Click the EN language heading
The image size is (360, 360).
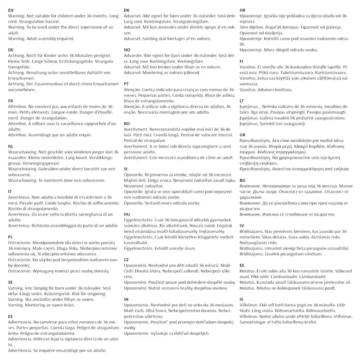pos(11,11)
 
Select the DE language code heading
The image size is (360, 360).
pos(11,50)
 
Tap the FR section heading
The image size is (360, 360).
pos(11,101)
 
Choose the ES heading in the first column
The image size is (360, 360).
pos(10,316)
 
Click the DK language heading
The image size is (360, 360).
pos(127,11)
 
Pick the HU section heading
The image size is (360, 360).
pos(127,214)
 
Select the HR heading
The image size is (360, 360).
pos(243,11)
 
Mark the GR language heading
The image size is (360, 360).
pos(243,135)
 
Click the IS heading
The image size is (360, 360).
pos(241,299)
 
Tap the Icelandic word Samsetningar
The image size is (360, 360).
pos(257,322)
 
